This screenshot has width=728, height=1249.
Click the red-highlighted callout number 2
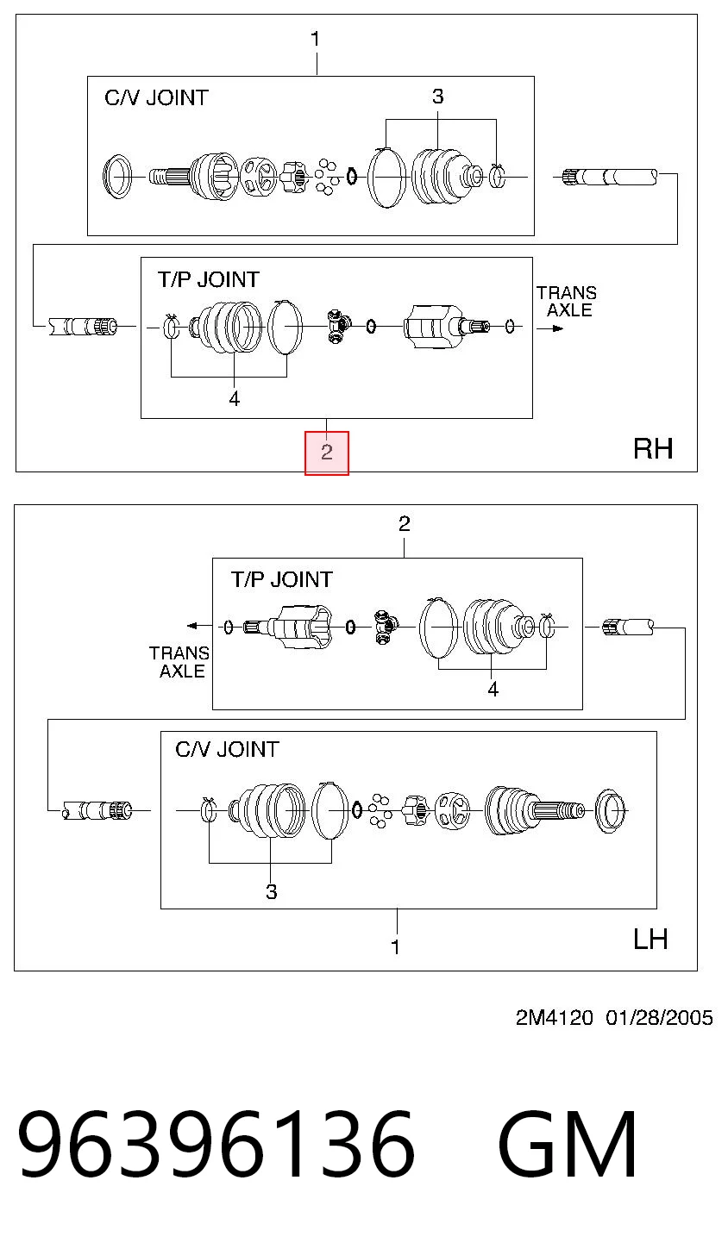pyautogui.click(x=326, y=453)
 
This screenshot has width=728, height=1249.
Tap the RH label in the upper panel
pyautogui.click(x=653, y=449)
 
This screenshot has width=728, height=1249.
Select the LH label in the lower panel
pyautogui.click(x=650, y=940)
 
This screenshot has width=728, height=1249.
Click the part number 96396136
pyautogui.click(x=217, y=1144)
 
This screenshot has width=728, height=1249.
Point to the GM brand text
pyautogui.click(x=567, y=1144)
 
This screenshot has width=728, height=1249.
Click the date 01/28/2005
pyautogui.click(x=659, y=1018)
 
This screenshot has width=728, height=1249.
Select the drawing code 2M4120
pyautogui.click(x=554, y=1018)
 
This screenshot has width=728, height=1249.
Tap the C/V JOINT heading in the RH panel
pyautogui.click(x=157, y=98)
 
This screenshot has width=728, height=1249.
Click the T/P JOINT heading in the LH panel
pyautogui.click(x=282, y=580)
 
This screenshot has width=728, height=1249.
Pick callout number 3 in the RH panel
pyautogui.click(x=438, y=97)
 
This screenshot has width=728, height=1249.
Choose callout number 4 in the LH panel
pyautogui.click(x=493, y=690)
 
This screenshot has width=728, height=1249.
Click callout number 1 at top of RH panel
pyautogui.click(x=316, y=39)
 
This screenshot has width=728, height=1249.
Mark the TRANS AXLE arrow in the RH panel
pyautogui.click(x=550, y=328)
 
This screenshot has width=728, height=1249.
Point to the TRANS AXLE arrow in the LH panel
pyautogui.click(x=199, y=626)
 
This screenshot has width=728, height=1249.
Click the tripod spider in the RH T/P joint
pyautogui.click(x=338, y=326)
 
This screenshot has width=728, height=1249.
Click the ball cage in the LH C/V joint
pyautogui.click(x=452, y=810)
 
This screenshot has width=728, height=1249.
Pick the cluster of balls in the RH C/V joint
pyautogui.click(x=326, y=177)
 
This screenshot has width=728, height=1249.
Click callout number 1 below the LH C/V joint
pyautogui.click(x=396, y=946)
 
